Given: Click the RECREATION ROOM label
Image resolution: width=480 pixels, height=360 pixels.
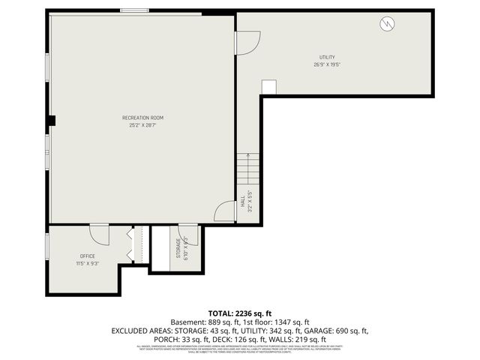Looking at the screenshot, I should click(x=142, y=118).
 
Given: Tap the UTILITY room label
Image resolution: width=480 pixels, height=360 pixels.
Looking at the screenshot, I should click(x=327, y=57).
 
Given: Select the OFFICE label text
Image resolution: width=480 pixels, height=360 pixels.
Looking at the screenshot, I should click(x=87, y=256).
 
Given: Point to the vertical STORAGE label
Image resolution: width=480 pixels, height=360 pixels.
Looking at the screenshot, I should click(x=178, y=247).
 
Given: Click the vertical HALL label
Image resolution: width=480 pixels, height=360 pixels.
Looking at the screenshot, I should click(x=243, y=203).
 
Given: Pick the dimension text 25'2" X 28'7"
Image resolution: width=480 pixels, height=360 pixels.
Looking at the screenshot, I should click(x=142, y=124).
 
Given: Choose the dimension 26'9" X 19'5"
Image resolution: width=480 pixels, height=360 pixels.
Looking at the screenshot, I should click(x=327, y=64).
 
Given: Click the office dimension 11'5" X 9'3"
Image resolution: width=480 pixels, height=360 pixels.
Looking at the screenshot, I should click(x=87, y=263).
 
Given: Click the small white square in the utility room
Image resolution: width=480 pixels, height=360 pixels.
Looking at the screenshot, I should click(x=268, y=87).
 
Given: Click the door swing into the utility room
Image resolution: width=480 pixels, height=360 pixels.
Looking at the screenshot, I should click(x=247, y=42).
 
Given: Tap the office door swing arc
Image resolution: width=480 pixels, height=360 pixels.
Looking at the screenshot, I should click(x=99, y=234).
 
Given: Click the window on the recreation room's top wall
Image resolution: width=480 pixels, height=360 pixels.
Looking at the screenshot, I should click(x=134, y=10).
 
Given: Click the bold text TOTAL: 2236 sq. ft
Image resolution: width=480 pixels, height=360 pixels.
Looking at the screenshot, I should click(x=239, y=313).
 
